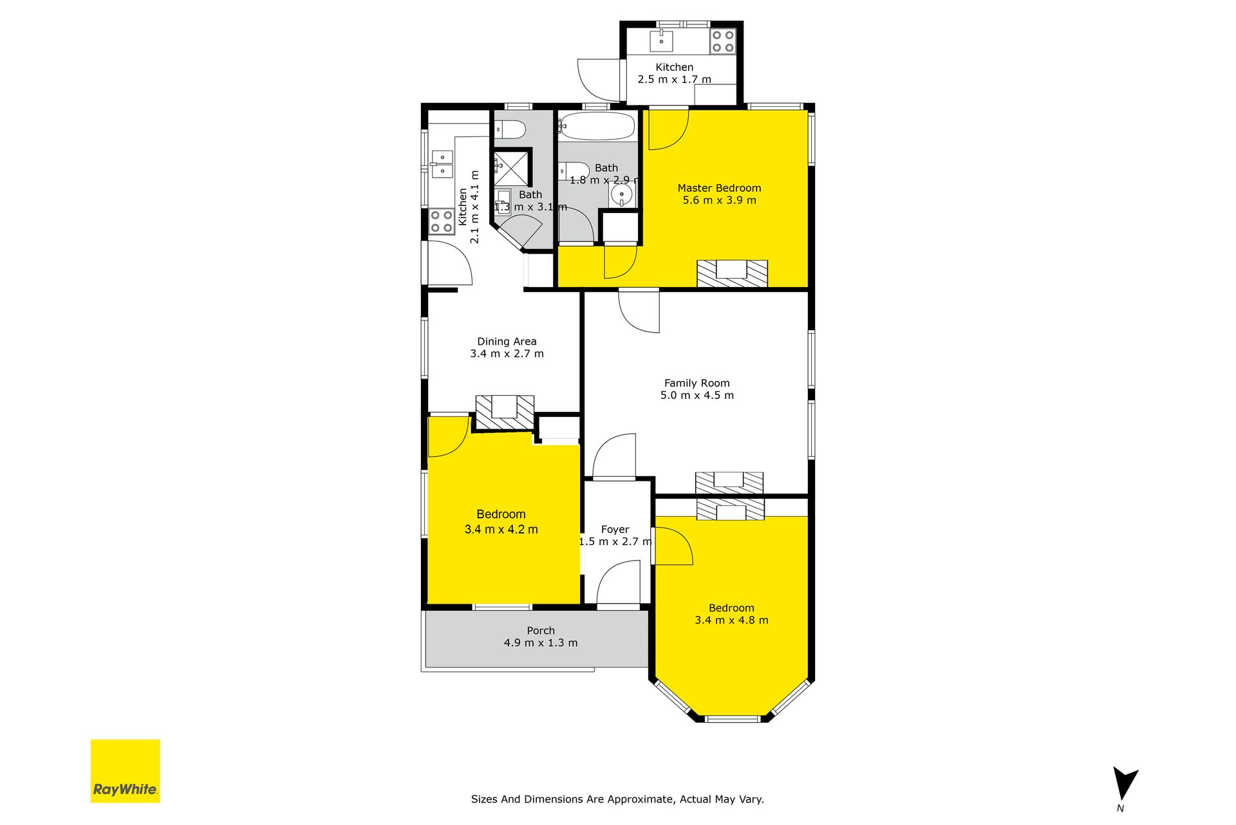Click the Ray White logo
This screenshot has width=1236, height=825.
coord(125,771)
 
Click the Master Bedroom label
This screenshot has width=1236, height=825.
coord(719,188)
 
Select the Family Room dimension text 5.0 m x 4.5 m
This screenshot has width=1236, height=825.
coord(697,395)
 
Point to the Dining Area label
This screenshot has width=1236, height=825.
coord(507,342)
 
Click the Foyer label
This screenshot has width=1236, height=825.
coord(615,530)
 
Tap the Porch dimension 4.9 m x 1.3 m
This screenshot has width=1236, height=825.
coord(541,643)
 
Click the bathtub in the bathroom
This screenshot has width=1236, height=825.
coord(596,127)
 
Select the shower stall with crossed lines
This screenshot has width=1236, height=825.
coord(512,167)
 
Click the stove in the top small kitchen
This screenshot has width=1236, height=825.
coord(722,41)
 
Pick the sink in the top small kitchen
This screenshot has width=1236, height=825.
coord(661,40)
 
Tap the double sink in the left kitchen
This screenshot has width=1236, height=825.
coord(442,163)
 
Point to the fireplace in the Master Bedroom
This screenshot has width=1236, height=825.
coord(733,273)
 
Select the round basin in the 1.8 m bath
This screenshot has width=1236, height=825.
coord(622,194)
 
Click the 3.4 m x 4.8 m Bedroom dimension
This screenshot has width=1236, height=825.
coord(731,620)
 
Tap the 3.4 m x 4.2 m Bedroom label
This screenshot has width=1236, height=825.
coord(501,522)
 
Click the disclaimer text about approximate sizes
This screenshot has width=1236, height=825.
coord(617,799)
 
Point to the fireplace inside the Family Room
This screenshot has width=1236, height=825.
coord(729,483)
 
